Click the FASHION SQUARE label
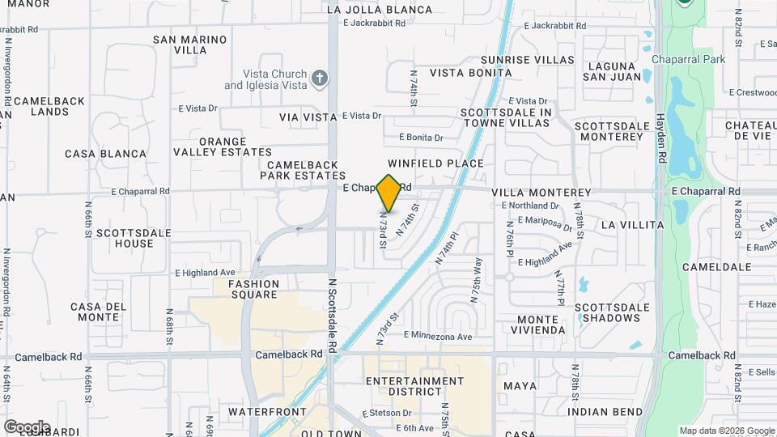(x=253, y=290)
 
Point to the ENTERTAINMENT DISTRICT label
(x=414, y=386)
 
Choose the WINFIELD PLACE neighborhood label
(x=435, y=163)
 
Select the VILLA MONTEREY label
(x=541, y=193)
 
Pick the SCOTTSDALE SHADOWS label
(x=613, y=313)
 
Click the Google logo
(x=26, y=427)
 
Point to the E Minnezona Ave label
(x=437, y=336)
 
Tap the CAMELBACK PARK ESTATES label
(x=303, y=169)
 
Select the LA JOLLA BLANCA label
(x=380, y=11)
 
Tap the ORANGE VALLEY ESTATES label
(x=223, y=146)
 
